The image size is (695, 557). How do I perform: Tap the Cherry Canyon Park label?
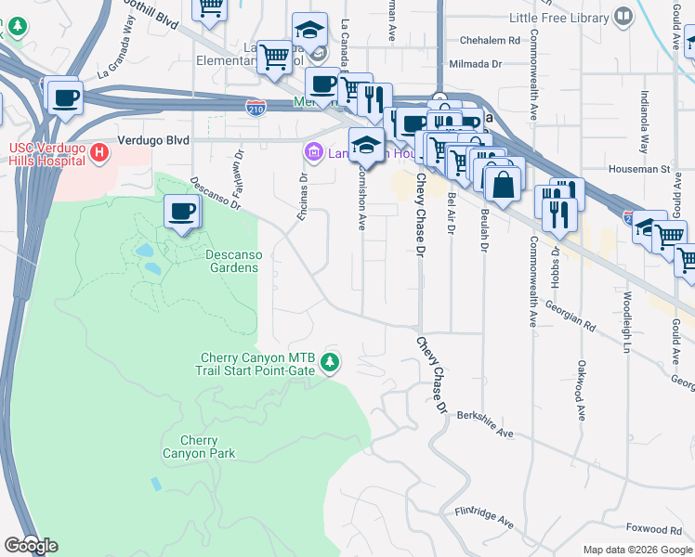point(199,447)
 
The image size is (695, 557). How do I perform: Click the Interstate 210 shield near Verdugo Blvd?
point(256,109)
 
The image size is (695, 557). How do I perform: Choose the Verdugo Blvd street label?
point(153,140)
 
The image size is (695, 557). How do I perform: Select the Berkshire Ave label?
point(485,426)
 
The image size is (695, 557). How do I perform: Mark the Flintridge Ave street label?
point(484,517)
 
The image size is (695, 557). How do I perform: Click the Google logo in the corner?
point(30,546)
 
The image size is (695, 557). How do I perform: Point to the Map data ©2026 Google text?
point(637,550)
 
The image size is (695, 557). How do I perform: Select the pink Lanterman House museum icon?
point(313,151)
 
